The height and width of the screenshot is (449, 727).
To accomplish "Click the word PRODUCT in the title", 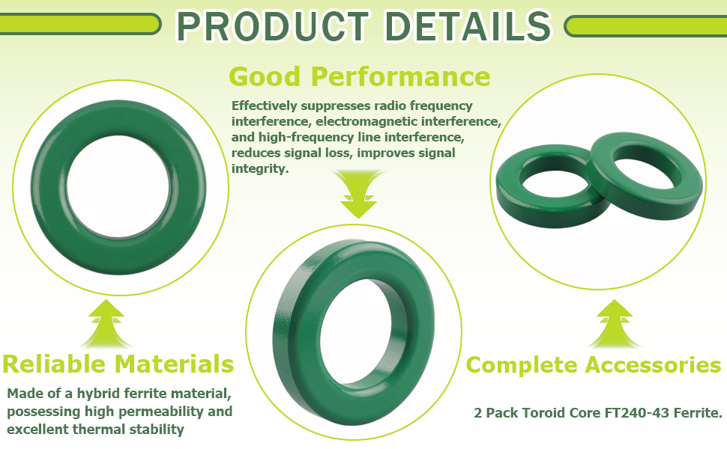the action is pos(273,26).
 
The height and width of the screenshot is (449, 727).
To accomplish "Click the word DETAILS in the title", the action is pos(468,26).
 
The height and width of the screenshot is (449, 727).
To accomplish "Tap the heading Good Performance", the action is pos(359,76).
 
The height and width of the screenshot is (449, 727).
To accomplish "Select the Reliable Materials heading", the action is pos(118,364).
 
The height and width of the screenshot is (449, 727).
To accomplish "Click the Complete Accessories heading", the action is pos(594,364).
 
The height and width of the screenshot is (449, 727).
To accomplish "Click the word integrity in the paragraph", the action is pos(259,169).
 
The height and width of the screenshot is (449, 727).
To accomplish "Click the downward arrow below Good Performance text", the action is pos(359,194).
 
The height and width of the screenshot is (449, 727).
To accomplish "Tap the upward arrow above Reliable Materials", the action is pos(106,323).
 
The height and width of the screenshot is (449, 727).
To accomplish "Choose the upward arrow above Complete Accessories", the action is pos(615,323).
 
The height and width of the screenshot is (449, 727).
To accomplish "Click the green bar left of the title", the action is pos(79,24).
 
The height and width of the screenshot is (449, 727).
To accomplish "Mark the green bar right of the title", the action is pos(645,26).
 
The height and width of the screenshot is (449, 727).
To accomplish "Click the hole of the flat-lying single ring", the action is pos(118,186).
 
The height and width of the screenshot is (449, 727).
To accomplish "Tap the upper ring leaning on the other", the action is pos(645,176).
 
